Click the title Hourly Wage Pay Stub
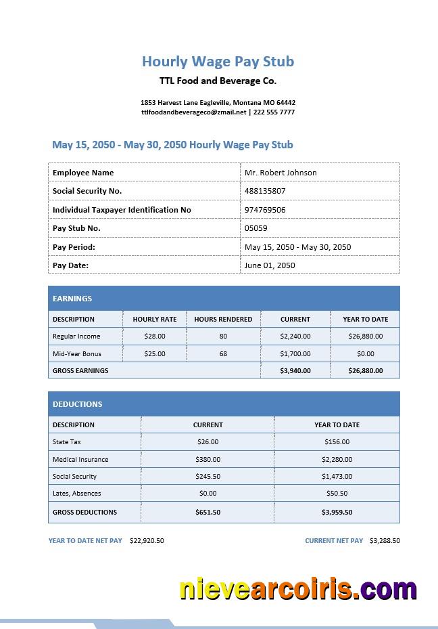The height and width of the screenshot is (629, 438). [x=218, y=62]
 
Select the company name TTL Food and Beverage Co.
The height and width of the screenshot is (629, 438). [x=218, y=81]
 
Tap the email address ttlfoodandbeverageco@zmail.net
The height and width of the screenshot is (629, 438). [x=194, y=112]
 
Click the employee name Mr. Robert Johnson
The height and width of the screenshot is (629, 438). [x=281, y=173]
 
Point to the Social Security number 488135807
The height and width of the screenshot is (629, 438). [x=265, y=191]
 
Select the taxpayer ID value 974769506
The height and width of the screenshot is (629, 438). [x=265, y=210]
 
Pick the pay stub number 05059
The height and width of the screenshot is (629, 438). [x=256, y=228]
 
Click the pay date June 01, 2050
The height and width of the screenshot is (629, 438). [x=270, y=265]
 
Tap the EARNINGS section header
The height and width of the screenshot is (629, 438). [x=72, y=299]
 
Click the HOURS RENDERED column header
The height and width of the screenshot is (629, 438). [x=223, y=319]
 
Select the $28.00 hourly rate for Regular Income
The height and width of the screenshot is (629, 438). [x=155, y=336]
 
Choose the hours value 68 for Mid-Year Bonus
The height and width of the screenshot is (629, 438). [x=223, y=353]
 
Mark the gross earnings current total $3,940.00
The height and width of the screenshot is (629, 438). [x=295, y=370]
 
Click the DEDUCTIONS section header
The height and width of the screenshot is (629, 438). [x=78, y=404]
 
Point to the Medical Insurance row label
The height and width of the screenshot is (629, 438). [x=80, y=459]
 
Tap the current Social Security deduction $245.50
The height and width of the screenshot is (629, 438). [x=208, y=476]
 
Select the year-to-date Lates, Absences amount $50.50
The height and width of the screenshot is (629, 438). [x=337, y=494]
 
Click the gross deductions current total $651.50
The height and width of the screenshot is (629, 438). [x=208, y=512]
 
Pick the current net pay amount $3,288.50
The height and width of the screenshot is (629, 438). [x=385, y=541]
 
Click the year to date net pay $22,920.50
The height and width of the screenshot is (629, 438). [x=147, y=541]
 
